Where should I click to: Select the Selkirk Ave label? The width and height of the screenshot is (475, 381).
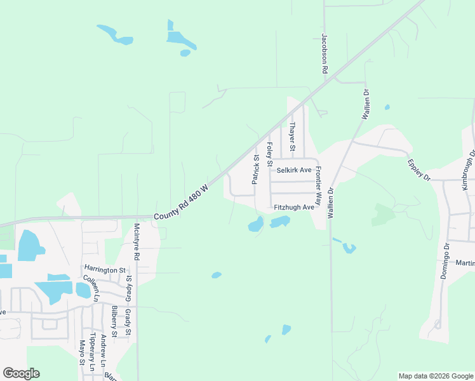point(293,170)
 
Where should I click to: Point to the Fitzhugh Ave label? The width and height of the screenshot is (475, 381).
point(294,207)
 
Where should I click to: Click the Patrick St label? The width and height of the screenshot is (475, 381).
point(256,170)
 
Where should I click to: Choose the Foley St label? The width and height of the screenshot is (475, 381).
point(269,152)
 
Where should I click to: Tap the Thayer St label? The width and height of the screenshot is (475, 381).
point(292,137)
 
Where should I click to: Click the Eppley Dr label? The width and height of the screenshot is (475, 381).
point(419,168)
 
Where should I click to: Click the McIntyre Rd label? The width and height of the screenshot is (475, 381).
point(136,242)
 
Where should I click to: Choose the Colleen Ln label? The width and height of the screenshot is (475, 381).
point(91,288)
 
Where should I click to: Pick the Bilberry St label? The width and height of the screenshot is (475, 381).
point(114,321)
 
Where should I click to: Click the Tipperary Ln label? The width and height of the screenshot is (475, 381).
point(93,352)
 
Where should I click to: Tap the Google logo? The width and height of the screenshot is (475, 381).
point(21,373)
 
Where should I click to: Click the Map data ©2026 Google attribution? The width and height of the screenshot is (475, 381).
point(436,376)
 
